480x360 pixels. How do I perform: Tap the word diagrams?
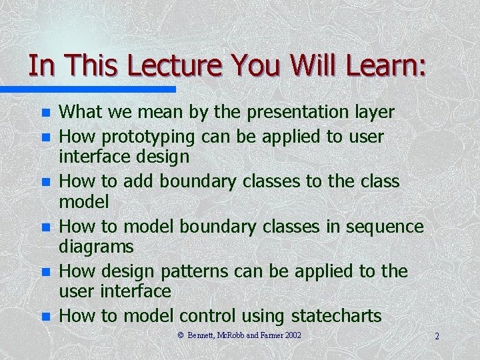tap(97, 247)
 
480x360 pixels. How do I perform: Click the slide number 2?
tap(437, 336)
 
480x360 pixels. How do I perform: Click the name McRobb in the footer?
tap(234, 335)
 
